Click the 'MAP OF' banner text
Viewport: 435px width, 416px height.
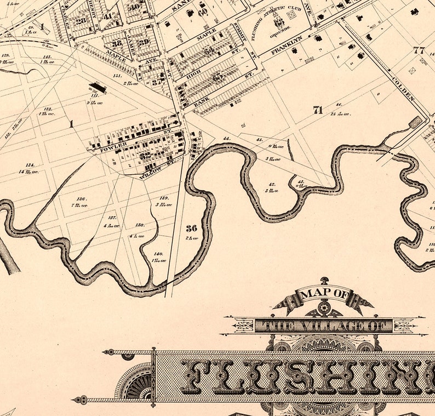point(324,294)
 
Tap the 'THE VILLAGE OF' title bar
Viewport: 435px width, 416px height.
point(323,326)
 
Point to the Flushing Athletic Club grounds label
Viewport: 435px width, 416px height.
point(278,22)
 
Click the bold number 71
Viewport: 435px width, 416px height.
point(317,110)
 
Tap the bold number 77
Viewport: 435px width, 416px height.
point(420,50)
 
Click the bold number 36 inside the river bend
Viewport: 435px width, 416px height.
point(191,228)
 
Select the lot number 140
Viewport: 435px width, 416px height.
point(158,254)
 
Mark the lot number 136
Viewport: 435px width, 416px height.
point(81,199)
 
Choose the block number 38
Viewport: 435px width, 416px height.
point(117,43)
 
